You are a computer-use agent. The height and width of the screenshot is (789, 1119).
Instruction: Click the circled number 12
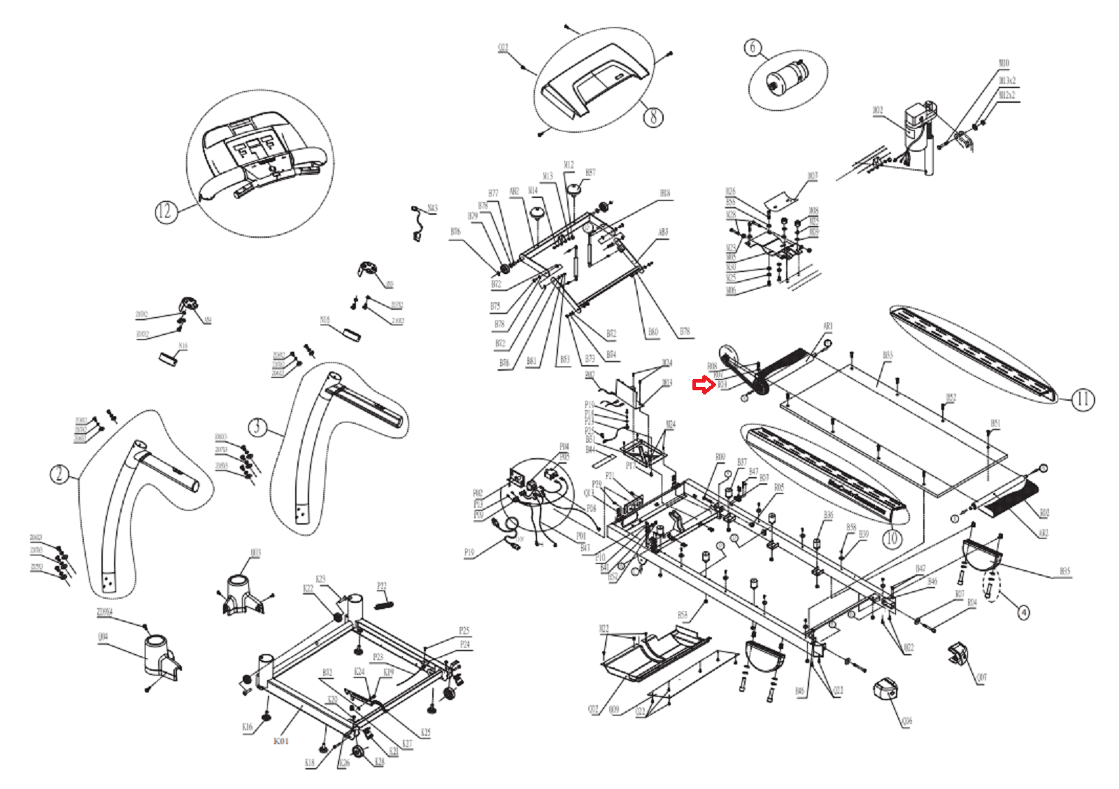coord(164,211)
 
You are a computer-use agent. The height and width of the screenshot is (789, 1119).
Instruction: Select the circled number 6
coord(753,48)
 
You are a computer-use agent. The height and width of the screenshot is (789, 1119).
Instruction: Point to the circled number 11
coord(1082,399)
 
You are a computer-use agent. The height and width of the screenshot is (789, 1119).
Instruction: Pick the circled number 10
coord(891,538)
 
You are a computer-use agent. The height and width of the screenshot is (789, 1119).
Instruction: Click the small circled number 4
coord(1023,613)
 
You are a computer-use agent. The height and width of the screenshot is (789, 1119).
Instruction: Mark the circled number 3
coord(258,427)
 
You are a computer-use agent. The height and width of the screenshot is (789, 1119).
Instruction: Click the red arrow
coord(702,385)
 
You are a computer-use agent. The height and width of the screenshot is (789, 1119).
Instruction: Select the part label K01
coord(280,741)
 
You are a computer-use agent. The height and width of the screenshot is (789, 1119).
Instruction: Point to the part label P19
coord(469,553)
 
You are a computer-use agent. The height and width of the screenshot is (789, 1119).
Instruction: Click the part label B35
coord(1064,571)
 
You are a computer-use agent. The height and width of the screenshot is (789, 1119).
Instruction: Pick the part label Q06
coord(907,720)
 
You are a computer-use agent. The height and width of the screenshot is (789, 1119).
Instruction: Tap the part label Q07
coord(981,677)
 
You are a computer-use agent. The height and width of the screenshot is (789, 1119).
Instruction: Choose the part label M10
coord(1004,64)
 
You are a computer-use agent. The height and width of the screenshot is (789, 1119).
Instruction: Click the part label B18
coord(664,193)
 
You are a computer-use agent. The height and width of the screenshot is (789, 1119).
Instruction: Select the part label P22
coord(382,586)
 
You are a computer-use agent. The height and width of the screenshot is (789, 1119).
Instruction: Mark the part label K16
coord(247,727)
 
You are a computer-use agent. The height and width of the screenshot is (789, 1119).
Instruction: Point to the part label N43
coord(433,208)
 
